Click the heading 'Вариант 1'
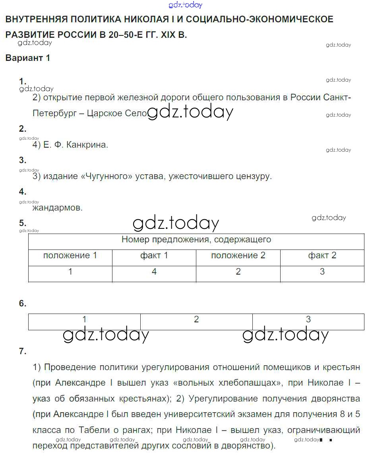[28, 58]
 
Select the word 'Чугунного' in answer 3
[105, 176]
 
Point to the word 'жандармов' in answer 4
[57, 208]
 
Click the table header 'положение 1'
[70, 255]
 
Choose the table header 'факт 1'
[154, 255]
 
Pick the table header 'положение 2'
[238, 255]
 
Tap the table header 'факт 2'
[322, 255]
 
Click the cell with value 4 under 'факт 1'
[154, 272]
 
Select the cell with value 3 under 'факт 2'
[322, 272]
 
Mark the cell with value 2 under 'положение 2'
[238, 272]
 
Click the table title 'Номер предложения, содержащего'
[196, 240]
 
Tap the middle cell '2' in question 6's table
[196, 320]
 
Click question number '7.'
[23, 351]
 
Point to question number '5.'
[23, 223]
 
